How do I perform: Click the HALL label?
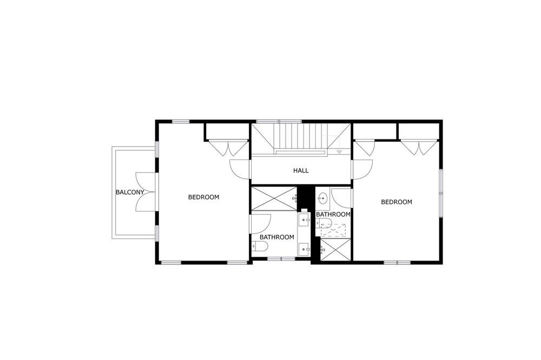(x=301, y=170)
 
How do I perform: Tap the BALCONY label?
(x=130, y=192)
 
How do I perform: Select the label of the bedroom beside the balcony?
(x=203, y=197)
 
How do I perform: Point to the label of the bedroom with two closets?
(x=397, y=202)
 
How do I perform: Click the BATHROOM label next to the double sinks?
(x=276, y=237)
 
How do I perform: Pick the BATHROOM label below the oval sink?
(x=333, y=215)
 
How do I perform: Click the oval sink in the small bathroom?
(x=323, y=198)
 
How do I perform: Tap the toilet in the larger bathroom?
(x=260, y=246)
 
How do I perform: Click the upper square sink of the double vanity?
(x=304, y=219)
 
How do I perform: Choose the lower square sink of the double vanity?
(x=304, y=249)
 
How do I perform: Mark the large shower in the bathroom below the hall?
(x=274, y=198)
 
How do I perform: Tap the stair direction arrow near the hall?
(x=340, y=152)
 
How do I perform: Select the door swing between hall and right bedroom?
(x=362, y=169)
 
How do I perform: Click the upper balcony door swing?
(x=145, y=182)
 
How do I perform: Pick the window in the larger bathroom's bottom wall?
(x=281, y=258)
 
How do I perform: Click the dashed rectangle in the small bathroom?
(x=333, y=230)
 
